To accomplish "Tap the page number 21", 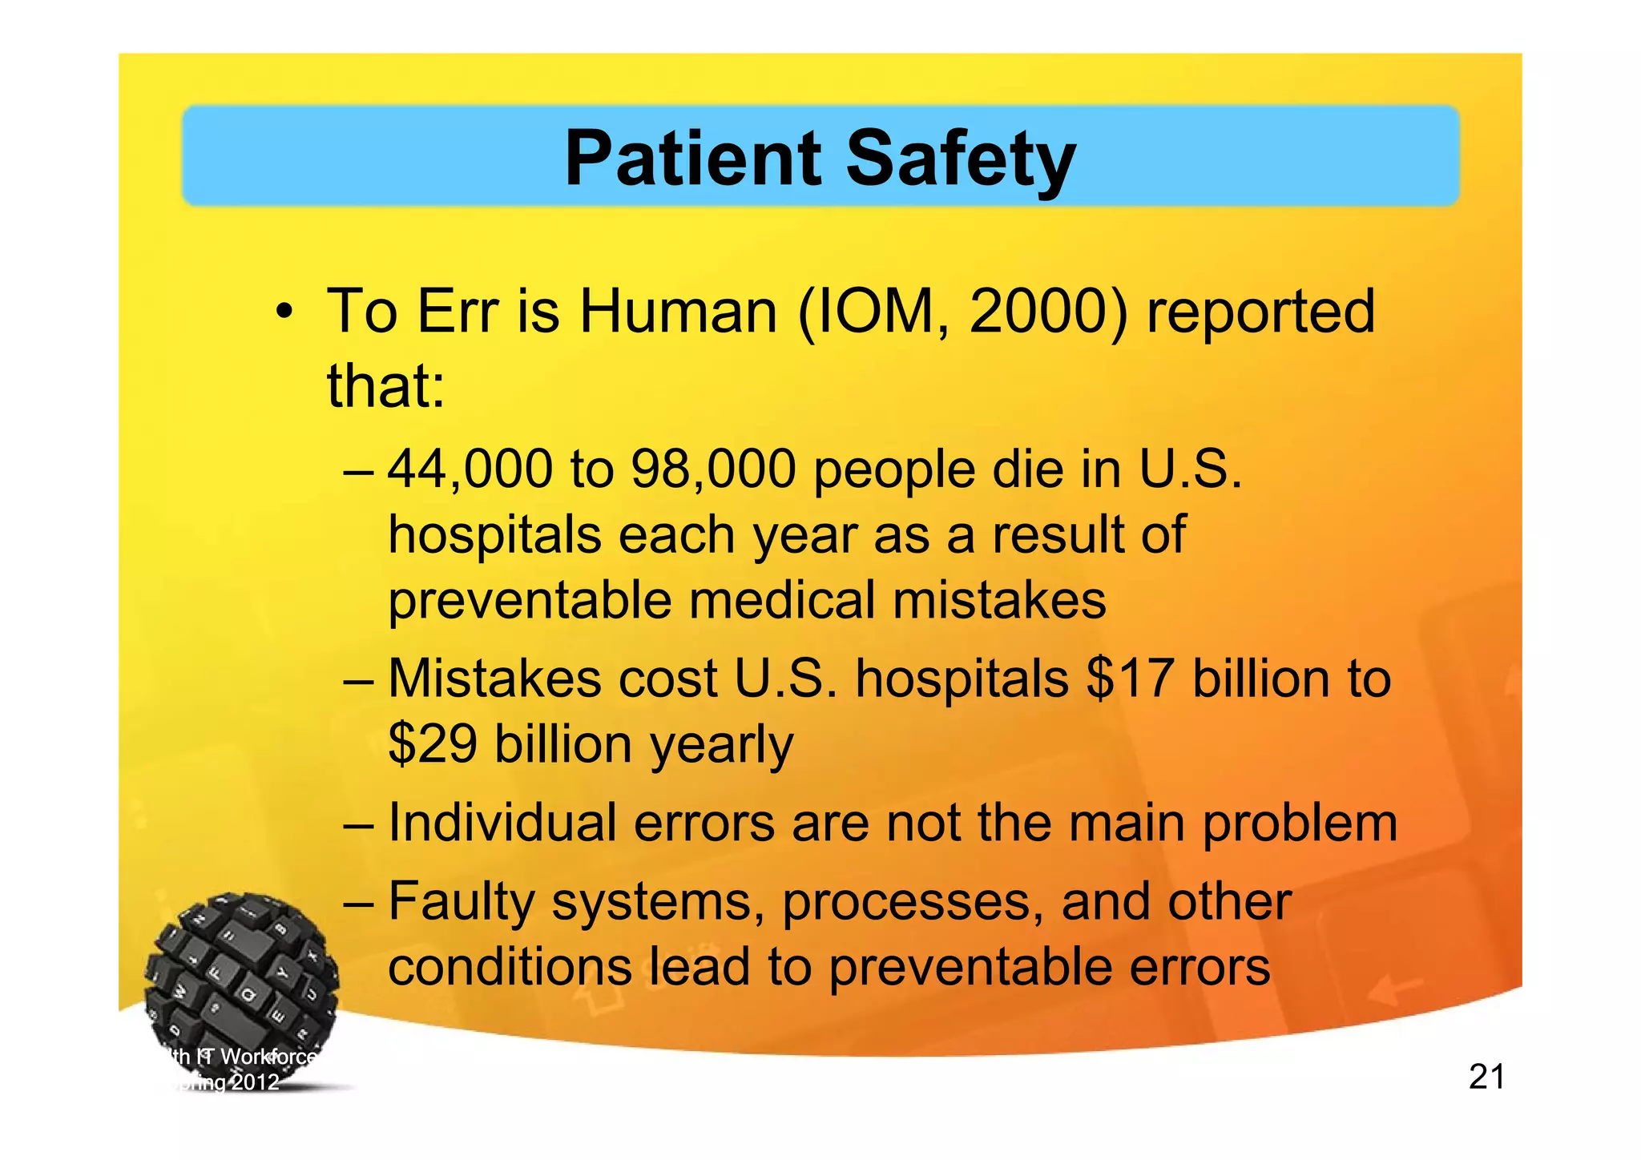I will point(1486,1077).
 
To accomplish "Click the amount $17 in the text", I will point(1131,679).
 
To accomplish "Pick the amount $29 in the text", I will point(433,743).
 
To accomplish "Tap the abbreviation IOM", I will point(881,311).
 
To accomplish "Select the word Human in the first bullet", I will point(678,311).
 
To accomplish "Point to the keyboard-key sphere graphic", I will point(240,973).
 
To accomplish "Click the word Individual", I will point(502,823).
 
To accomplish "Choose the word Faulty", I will point(461,902).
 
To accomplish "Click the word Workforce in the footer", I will point(268,1057).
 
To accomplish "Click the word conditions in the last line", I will point(510,967).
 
